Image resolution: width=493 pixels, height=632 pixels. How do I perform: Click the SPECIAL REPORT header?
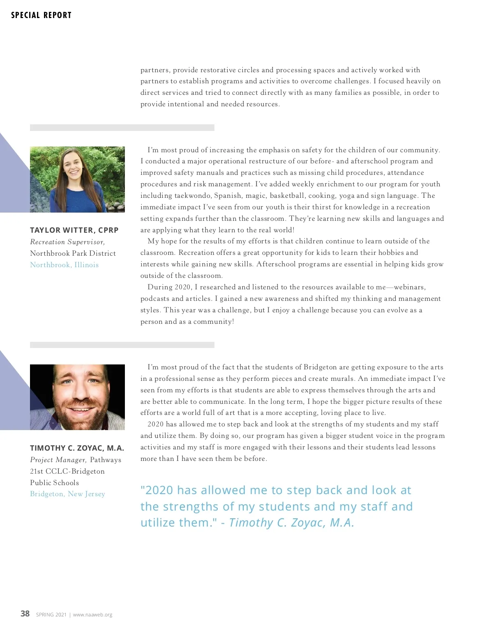[x=41, y=15]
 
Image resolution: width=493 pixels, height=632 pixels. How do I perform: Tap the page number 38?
[x=25, y=614]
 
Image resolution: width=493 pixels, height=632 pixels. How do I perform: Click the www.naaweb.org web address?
[x=92, y=615]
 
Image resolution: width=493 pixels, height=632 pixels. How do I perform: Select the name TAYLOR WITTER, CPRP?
[x=74, y=230]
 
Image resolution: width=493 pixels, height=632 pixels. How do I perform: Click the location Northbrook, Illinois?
[x=64, y=265]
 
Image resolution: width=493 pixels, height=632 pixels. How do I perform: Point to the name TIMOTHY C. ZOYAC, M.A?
[x=77, y=448]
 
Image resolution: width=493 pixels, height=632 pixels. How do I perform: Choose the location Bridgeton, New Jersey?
[x=67, y=494]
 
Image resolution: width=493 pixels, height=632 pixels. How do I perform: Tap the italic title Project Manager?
[x=58, y=460]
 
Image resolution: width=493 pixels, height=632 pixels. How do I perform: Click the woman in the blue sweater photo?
[x=77, y=179]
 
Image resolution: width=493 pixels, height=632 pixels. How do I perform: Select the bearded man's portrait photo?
[x=77, y=397]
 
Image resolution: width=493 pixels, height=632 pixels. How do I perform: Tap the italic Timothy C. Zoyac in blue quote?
[x=292, y=522]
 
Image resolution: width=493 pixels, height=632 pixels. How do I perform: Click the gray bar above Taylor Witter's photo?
[x=122, y=128]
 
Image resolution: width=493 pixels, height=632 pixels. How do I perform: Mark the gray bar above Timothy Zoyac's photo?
[x=122, y=345]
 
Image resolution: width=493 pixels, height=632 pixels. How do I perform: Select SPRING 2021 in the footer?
[x=51, y=615]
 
